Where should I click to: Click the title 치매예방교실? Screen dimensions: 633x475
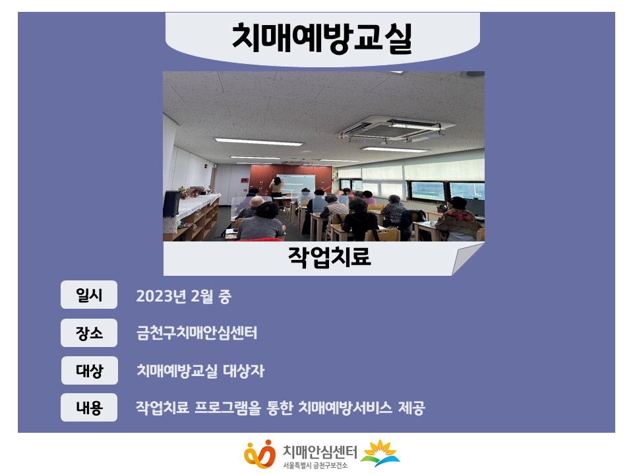point(322,38)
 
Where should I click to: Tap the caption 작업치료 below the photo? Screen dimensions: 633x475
point(330,257)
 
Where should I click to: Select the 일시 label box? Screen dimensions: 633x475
point(89,295)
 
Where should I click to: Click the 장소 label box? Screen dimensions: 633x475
point(89,332)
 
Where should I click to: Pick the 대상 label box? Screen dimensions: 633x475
point(89,370)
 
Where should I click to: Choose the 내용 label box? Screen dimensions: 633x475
point(89,408)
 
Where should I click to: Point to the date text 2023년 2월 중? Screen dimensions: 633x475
point(184,296)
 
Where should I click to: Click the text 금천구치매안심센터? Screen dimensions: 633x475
point(196,333)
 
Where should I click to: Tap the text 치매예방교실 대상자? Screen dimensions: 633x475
point(200,371)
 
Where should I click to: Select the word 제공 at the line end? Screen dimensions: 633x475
point(411,408)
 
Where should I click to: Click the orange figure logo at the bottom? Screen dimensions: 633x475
point(260,454)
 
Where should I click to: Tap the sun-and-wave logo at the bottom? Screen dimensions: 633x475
point(380,453)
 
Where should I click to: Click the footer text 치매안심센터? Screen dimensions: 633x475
point(320,451)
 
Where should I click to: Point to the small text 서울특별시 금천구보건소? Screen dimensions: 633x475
point(315,466)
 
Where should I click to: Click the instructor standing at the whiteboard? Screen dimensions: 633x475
point(276,188)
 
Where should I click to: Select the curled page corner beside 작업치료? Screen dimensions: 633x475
point(467,259)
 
